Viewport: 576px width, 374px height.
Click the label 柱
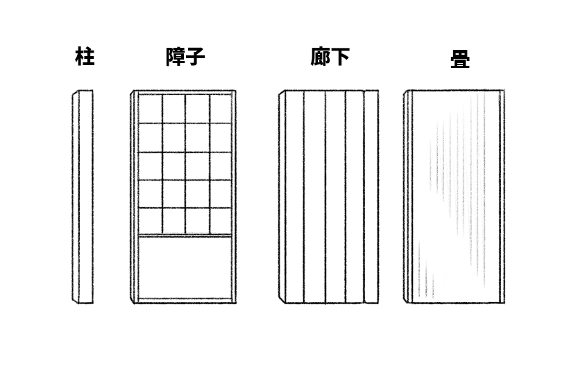coord(85,57)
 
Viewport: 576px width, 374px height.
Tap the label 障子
coord(185,57)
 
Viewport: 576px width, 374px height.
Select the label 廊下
coord(330,57)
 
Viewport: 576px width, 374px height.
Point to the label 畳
coord(460,59)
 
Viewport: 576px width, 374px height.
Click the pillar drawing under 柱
coord(83,197)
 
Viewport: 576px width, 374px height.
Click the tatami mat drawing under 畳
coord(455,197)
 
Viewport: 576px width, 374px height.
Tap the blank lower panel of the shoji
coord(185,267)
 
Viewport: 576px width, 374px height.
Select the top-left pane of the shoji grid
coord(150,109)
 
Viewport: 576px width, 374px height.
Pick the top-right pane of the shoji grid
coord(221,109)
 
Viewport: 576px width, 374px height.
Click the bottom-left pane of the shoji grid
coord(150,221)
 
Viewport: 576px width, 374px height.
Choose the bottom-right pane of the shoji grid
coord(221,221)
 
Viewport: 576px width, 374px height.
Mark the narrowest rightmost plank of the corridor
coord(371,197)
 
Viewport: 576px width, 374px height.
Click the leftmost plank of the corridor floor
coord(295,197)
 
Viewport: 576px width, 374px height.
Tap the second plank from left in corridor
coord(314,197)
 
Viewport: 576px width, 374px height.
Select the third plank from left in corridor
coord(335,197)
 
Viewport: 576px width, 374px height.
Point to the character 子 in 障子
coord(196,57)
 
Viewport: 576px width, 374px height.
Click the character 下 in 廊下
coord(340,57)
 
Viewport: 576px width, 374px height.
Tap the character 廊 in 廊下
coord(320,57)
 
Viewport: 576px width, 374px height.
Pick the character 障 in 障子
coord(175,57)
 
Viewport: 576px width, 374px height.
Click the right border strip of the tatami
coord(502,197)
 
